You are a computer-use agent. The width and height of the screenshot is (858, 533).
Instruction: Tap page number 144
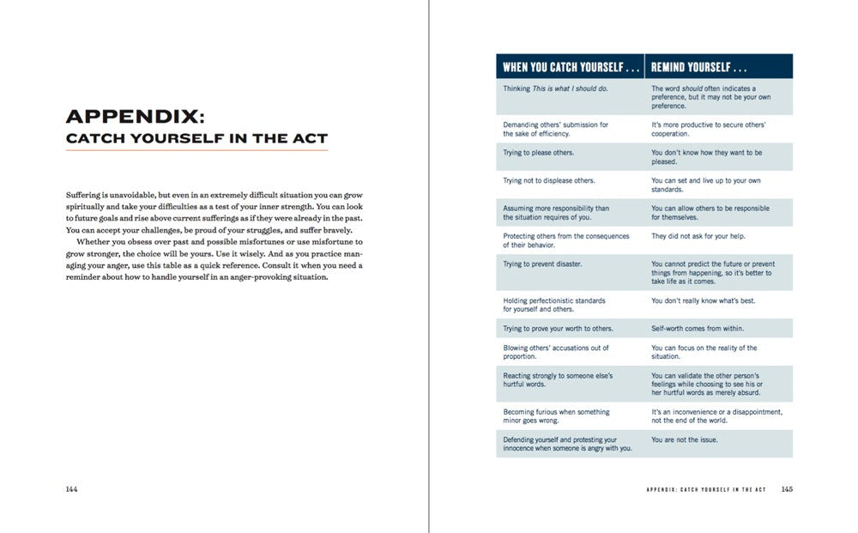coord(72,489)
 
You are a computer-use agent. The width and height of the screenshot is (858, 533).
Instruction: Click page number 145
coord(787,489)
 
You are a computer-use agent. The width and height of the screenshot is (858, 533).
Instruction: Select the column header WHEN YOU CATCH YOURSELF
coord(570,67)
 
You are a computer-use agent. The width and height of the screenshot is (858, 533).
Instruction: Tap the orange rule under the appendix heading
coord(196,151)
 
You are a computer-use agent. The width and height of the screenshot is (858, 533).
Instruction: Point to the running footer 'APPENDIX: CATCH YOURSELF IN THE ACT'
coord(705,490)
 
